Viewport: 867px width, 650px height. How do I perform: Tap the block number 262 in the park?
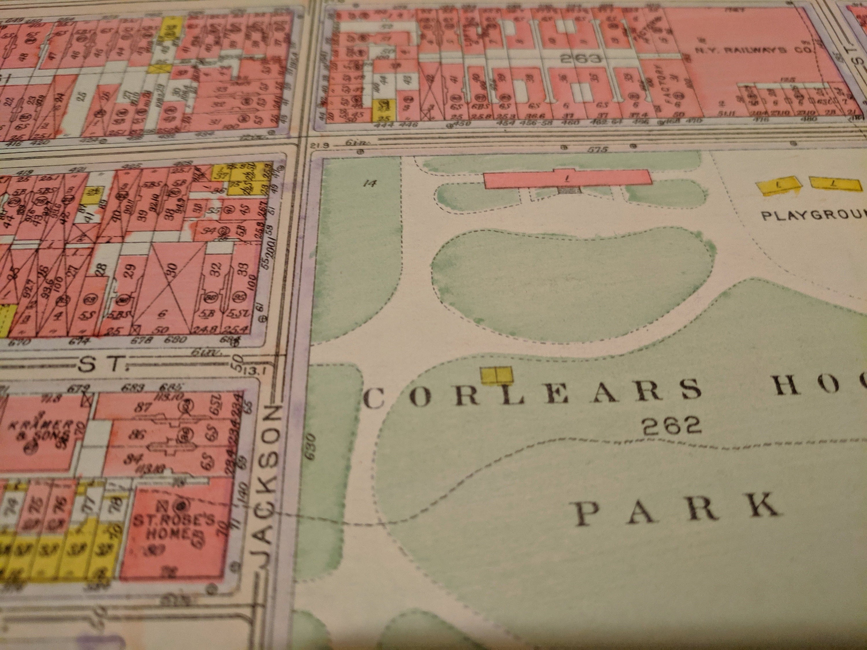[x=671, y=426]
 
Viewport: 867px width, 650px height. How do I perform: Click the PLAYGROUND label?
[x=811, y=216]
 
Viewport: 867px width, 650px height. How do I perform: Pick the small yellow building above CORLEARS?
[x=496, y=374]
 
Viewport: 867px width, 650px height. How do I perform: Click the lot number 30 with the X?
[x=173, y=270]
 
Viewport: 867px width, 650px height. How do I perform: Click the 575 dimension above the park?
[x=600, y=149]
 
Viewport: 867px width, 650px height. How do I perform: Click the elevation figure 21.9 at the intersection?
[x=320, y=146]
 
